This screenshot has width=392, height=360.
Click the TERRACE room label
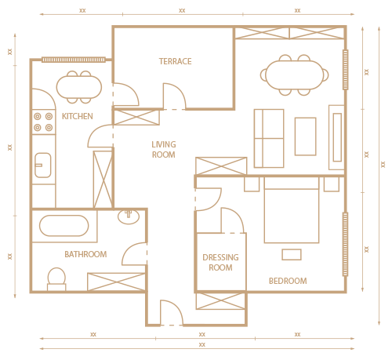point(176,61)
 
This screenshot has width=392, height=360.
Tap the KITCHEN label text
point(78,116)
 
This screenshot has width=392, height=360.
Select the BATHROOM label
point(85,254)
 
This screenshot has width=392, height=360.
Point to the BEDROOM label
point(288,281)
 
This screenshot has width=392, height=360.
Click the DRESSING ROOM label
point(220,263)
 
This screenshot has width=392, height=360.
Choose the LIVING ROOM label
point(164,150)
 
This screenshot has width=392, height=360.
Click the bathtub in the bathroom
point(64,226)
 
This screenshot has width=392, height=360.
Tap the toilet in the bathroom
point(56,279)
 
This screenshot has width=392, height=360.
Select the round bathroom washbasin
point(129,216)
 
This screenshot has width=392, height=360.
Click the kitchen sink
point(43,165)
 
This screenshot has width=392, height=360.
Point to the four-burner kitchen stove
point(43,122)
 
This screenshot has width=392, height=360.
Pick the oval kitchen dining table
point(79,87)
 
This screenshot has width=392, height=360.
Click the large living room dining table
point(295,75)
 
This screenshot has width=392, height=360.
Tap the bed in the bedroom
point(292,210)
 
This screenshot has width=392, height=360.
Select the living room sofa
point(269,138)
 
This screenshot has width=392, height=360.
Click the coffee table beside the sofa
point(306,136)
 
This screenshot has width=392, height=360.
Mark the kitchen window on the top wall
point(74,60)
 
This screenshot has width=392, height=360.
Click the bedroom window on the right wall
point(345,244)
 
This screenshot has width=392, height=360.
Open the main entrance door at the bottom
point(172,313)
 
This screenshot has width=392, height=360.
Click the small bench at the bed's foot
point(292,255)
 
